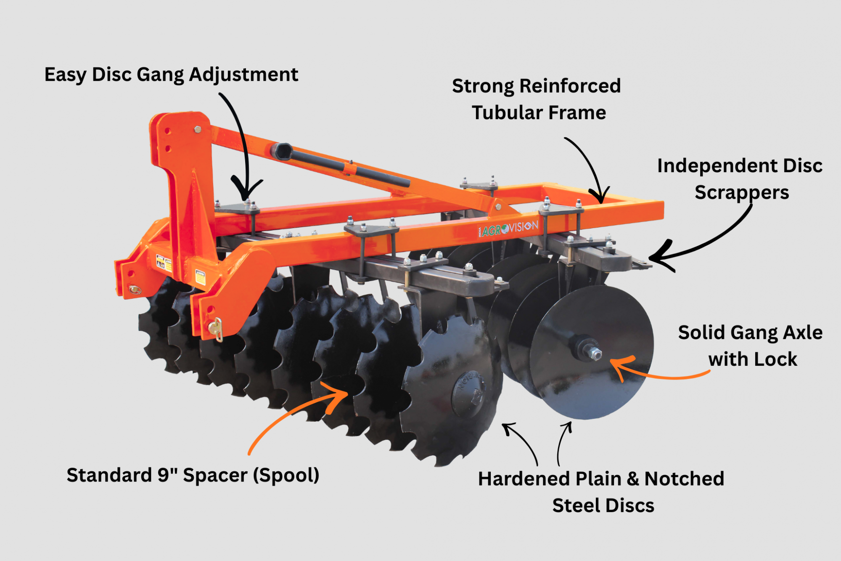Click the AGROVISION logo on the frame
point(508,229)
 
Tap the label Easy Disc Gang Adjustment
point(171,75)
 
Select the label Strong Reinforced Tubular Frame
point(537,99)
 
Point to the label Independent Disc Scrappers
point(740,179)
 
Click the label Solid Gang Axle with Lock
point(751,346)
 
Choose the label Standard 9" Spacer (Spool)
point(193,476)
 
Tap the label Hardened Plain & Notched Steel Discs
point(601,492)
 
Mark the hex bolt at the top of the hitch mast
point(197,129)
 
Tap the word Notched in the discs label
point(685,479)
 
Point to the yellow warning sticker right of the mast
point(200,277)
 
